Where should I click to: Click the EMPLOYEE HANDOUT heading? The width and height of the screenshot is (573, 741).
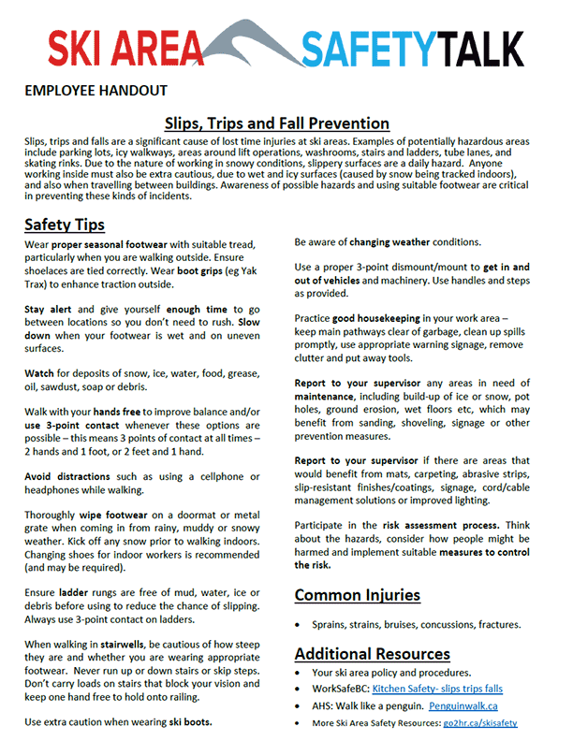coord(95,91)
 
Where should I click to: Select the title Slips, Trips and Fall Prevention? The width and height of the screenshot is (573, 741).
coord(277,123)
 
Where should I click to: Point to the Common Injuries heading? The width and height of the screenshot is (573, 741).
coord(358,595)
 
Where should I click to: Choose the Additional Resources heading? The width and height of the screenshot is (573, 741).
coord(373,653)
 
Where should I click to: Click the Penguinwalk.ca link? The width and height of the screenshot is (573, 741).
coord(463,705)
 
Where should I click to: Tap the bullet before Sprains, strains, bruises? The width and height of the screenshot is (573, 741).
coord(300,624)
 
